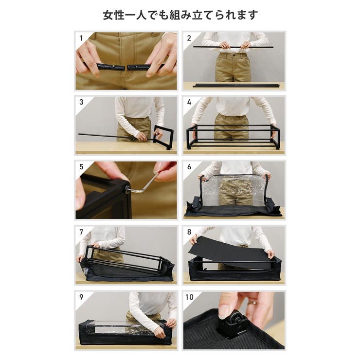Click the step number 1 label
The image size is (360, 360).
tap(81, 38)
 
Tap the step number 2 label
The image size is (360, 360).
tap(189, 38)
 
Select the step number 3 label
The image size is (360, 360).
tap(81, 102)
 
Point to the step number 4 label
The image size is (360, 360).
tap(189, 102)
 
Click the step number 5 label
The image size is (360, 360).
tap(81, 167)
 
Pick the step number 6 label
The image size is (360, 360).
tap(189, 167)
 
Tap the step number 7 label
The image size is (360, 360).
tap(81, 232)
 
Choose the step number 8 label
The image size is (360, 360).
tap(189, 232)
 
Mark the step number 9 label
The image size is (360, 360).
tap(81, 297)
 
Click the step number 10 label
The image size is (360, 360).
tap(189, 297)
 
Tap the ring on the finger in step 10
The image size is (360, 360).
tap(254, 303)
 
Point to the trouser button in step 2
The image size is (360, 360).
tap(234, 55)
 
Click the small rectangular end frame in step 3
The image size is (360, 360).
tap(163, 137)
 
